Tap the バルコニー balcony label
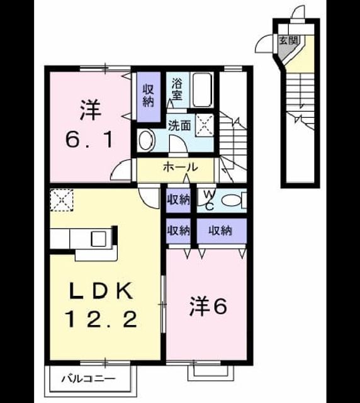pyautogui.click(x=88, y=379)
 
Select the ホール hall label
pyautogui.click(x=181, y=167)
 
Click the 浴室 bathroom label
pyautogui.click(x=177, y=89)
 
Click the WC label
pyautogui.click(x=209, y=200)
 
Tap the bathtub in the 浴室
pyautogui.click(x=203, y=89)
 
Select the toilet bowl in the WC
pyautogui.click(x=232, y=200)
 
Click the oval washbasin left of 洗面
pyautogui.click(x=146, y=140)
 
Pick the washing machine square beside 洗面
pyautogui.click(x=205, y=125)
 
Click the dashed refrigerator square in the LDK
pyautogui.click(x=62, y=200)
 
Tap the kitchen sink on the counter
pyautogui.click(x=99, y=239)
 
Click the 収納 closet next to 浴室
pyautogui.click(x=149, y=97)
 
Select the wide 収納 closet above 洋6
pyautogui.click(x=222, y=230)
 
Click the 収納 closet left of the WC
pyautogui.click(x=178, y=200)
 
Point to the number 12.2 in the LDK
pyautogui.click(x=102, y=319)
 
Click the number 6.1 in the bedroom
pyautogui.click(x=89, y=140)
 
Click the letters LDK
pyautogui.click(x=102, y=290)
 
